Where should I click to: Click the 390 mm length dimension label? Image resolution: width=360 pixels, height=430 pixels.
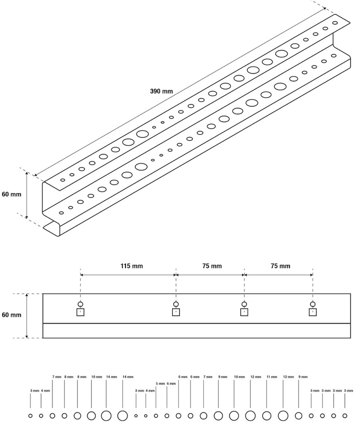point(161,91)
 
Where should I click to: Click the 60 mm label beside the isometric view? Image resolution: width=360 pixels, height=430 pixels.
point(11,194)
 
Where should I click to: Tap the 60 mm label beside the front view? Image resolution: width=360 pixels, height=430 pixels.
point(11,315)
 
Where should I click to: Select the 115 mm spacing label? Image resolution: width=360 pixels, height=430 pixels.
point(132,266)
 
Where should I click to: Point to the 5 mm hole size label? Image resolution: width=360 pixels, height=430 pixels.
point(160,384)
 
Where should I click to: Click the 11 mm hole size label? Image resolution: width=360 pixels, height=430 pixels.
point(272,377)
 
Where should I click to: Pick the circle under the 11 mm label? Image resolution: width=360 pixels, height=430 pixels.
point(267,416)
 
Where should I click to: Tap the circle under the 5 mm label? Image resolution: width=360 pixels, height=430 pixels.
point(156,416)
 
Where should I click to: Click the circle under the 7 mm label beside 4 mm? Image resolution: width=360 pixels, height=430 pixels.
point(52,416)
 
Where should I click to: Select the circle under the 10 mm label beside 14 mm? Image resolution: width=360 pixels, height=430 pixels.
point(91,416)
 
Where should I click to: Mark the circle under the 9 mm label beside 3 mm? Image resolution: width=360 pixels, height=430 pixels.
point(298,416)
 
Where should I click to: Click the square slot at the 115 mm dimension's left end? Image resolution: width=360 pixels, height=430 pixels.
point(81,312)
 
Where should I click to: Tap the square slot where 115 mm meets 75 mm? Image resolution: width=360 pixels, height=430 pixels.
point(176,312)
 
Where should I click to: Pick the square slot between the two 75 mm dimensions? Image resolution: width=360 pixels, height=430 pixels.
point(244,312)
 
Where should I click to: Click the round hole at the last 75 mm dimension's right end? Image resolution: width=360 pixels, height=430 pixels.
point(313,304)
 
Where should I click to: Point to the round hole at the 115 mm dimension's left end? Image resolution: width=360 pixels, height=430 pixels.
point(81,304)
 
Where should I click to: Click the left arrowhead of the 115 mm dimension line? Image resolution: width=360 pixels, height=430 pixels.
point(82,275)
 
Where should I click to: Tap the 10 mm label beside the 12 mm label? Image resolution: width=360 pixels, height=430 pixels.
point(239,377)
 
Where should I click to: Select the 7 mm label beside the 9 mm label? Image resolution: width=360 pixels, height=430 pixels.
point(207,377)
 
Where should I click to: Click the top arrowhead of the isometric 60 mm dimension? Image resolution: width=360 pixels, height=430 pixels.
point(27,173)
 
